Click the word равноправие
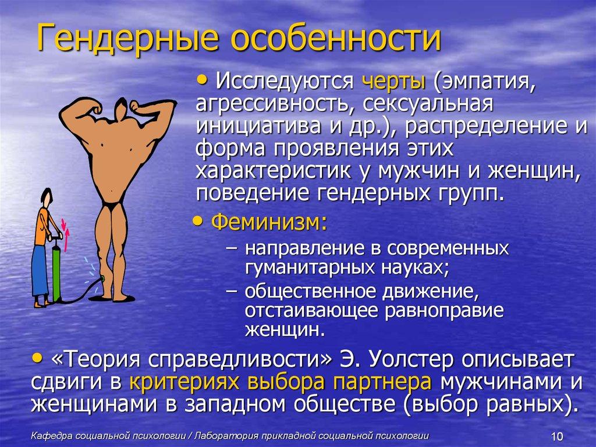coord(443,309)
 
